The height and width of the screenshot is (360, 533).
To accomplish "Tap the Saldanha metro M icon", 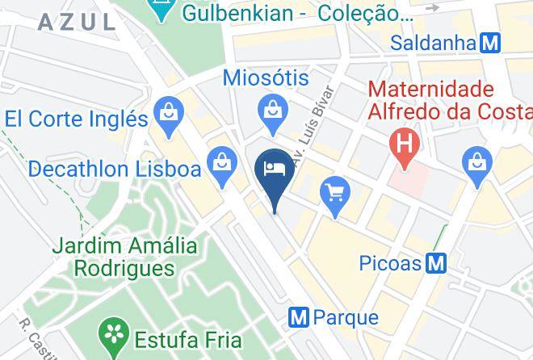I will point(489,43).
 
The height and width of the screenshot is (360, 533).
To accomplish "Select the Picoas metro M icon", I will point(436,263).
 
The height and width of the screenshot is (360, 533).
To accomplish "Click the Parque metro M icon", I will point(299,318).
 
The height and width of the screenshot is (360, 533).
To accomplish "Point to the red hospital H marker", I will point(401,144).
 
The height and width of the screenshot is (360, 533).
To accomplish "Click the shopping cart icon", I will point(336,193).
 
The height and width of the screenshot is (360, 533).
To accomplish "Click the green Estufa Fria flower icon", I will point(115,333).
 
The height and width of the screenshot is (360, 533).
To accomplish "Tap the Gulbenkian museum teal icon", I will point(162,10).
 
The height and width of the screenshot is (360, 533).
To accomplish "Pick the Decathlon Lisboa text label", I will point(114,170).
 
